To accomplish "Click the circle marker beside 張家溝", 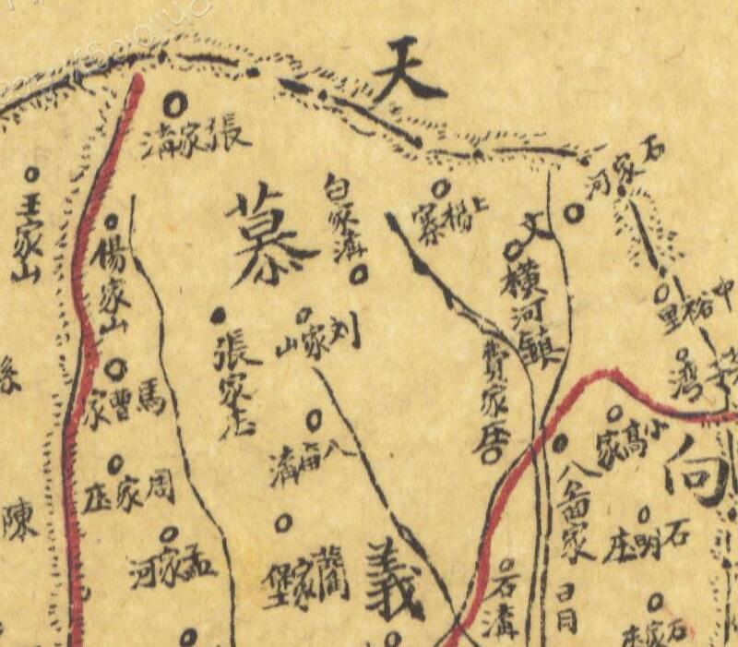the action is pyautogui.click(x=175, y=99).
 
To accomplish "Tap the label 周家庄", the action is pyautogui.click(x=128, y=495).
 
